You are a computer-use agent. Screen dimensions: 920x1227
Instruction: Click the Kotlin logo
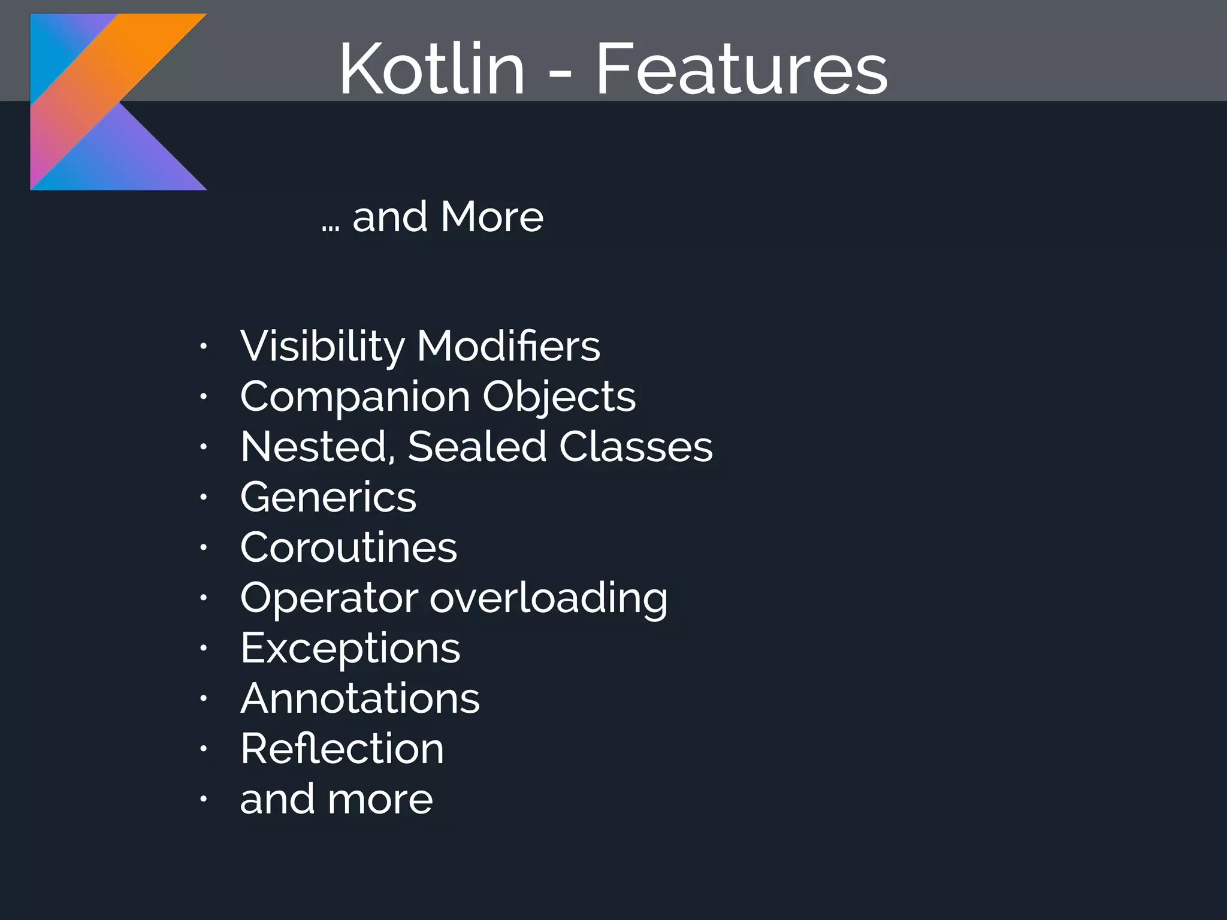[118, 102]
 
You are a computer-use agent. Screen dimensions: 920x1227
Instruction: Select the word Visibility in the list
[322, 346]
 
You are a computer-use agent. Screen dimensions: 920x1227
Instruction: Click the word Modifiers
[508, 346]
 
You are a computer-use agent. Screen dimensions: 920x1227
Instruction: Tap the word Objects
[559, 397]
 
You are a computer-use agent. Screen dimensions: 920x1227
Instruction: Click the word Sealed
[476, 447]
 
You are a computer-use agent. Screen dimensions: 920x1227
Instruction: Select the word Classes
[636, 447]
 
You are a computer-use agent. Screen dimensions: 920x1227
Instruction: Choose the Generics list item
[328, 497]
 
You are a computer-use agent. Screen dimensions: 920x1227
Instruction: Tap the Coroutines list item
[348, 547]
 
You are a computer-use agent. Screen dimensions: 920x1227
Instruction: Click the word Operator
[329, 598]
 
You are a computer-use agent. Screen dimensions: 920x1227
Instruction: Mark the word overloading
[548, 598]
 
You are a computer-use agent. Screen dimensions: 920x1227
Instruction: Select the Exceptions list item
[350, 648]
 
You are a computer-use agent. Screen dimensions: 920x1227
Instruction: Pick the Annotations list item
[359, 698]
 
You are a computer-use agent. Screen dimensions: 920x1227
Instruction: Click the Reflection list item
[342, 749]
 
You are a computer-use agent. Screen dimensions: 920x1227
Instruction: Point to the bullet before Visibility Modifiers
[204, 346]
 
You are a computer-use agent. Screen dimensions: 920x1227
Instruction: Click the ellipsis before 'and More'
[330, 228]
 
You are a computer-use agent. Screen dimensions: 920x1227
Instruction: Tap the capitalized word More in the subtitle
[492, 216]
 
